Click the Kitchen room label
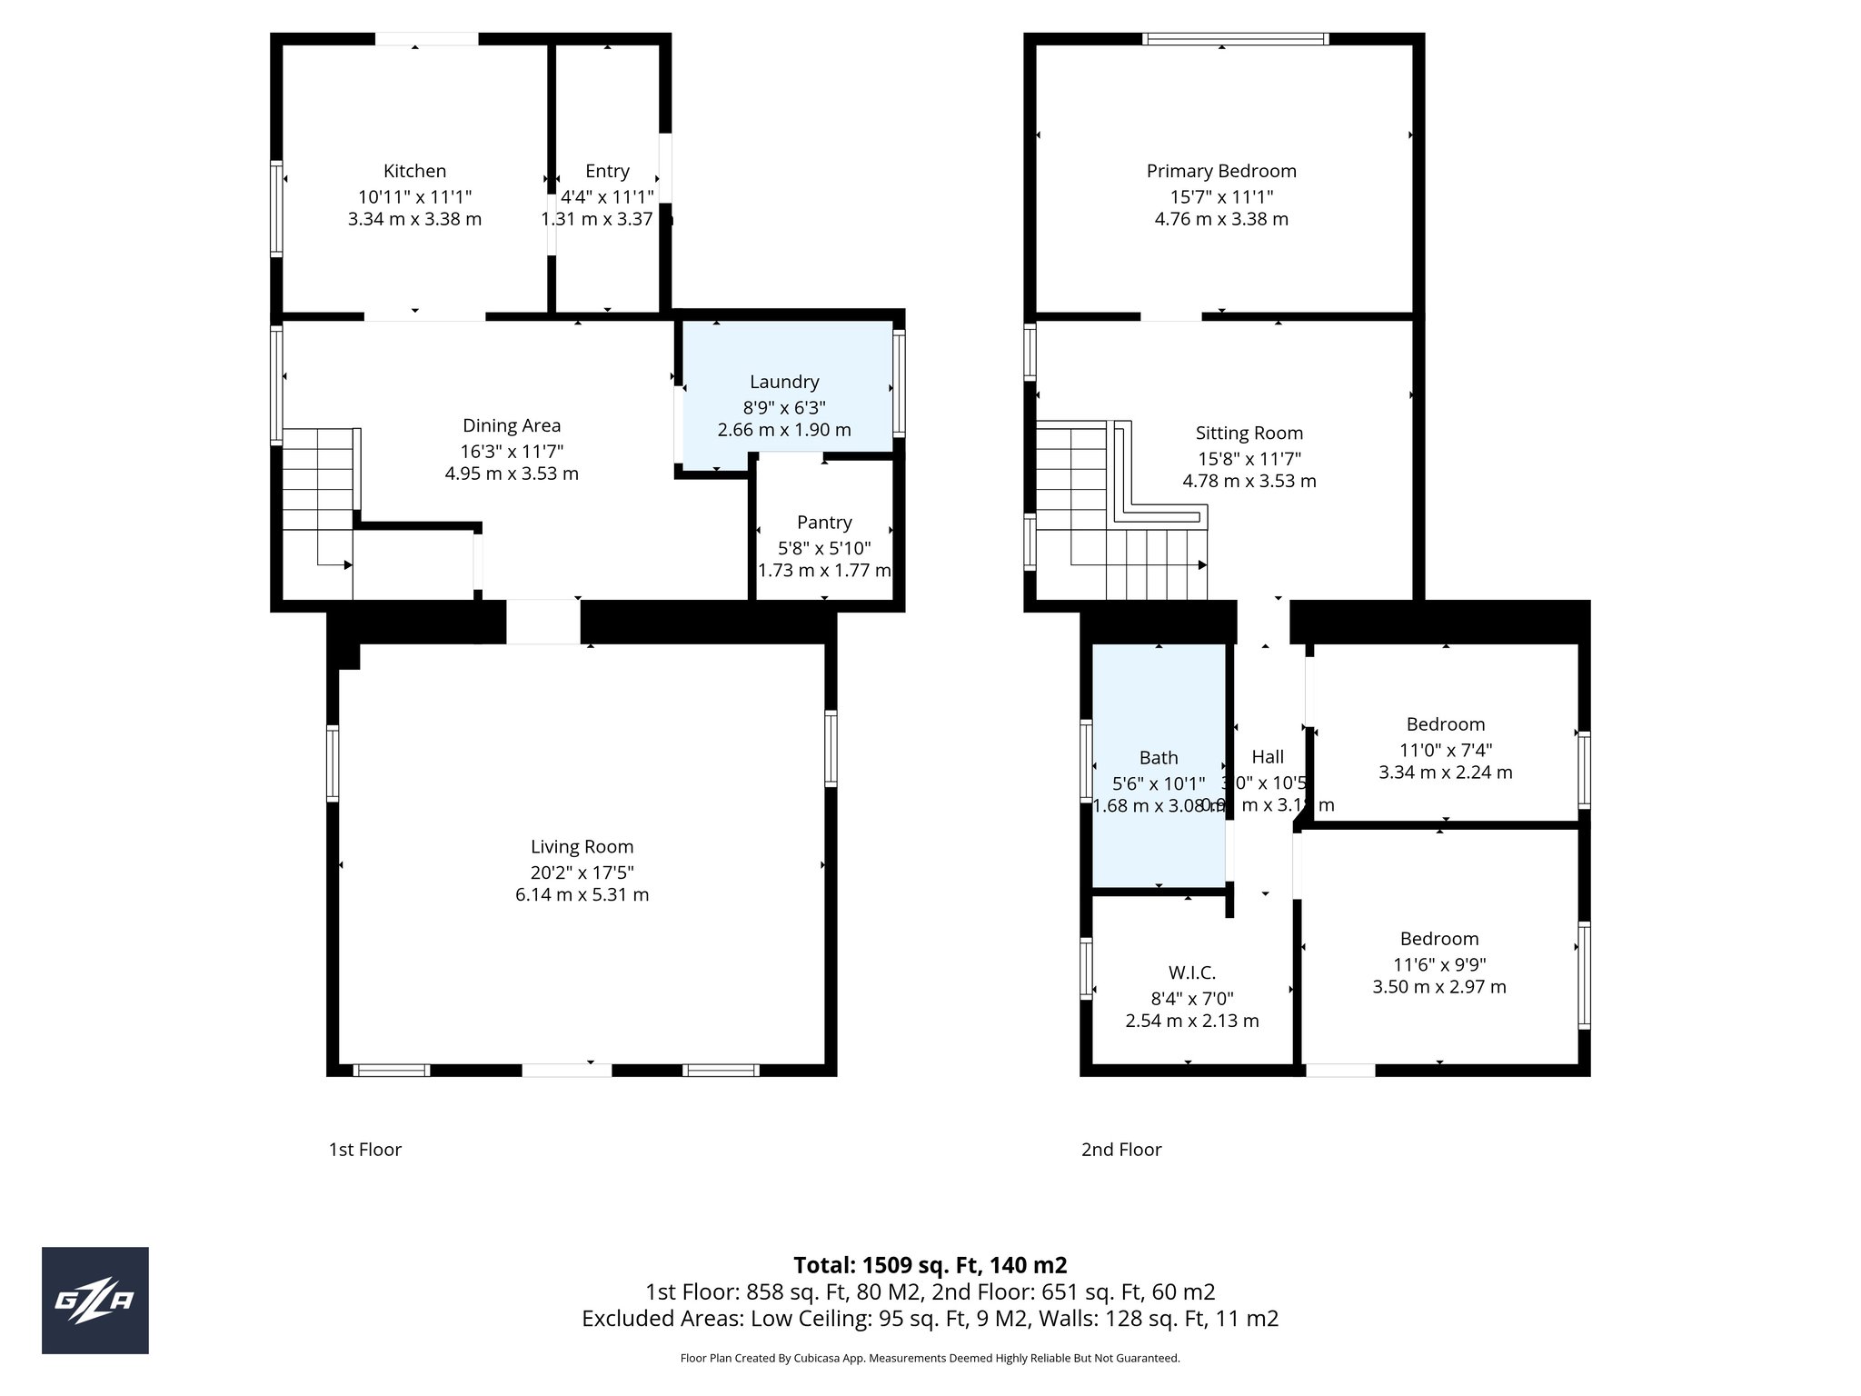[x=414, y=171]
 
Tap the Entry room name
[x=607, y=171]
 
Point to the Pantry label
[x=824, y=523]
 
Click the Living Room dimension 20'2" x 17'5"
[x=582, y=872]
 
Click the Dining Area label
[x=512, y=425]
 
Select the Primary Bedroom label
[x=1221, y=171]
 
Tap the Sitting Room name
[x=1249, y=434]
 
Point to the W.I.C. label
[x=1191, y=972]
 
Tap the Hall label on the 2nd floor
[x=1268, y=757]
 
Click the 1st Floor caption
[x=364, y=1150]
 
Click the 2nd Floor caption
[x=1121, y=1150]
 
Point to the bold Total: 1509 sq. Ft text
[x=930, y=1265]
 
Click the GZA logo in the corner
[x=95, y=1301]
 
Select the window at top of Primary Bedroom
[x=1235, y=39]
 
